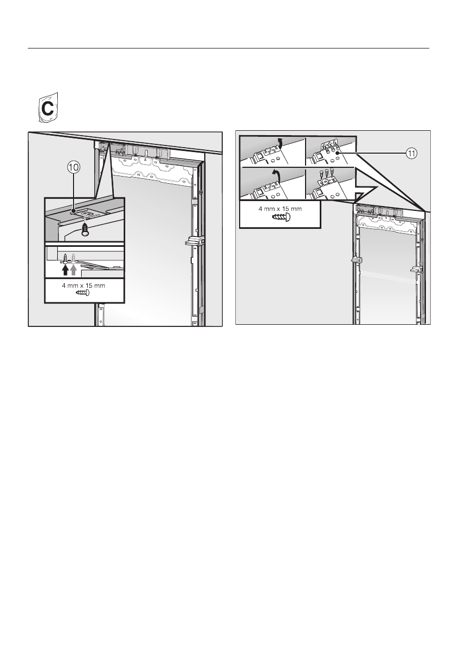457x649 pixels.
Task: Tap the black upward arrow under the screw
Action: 65,269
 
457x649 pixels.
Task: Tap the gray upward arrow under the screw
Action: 74,269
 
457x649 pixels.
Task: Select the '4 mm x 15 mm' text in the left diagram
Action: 84,284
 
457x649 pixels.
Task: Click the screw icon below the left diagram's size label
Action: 84,293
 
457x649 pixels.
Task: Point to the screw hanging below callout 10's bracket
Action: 85,230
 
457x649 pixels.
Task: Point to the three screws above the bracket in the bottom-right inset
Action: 329,174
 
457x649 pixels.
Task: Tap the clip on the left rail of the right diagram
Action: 357,260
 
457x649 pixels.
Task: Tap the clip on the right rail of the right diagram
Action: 417,269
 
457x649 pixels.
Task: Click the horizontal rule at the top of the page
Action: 228,48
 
